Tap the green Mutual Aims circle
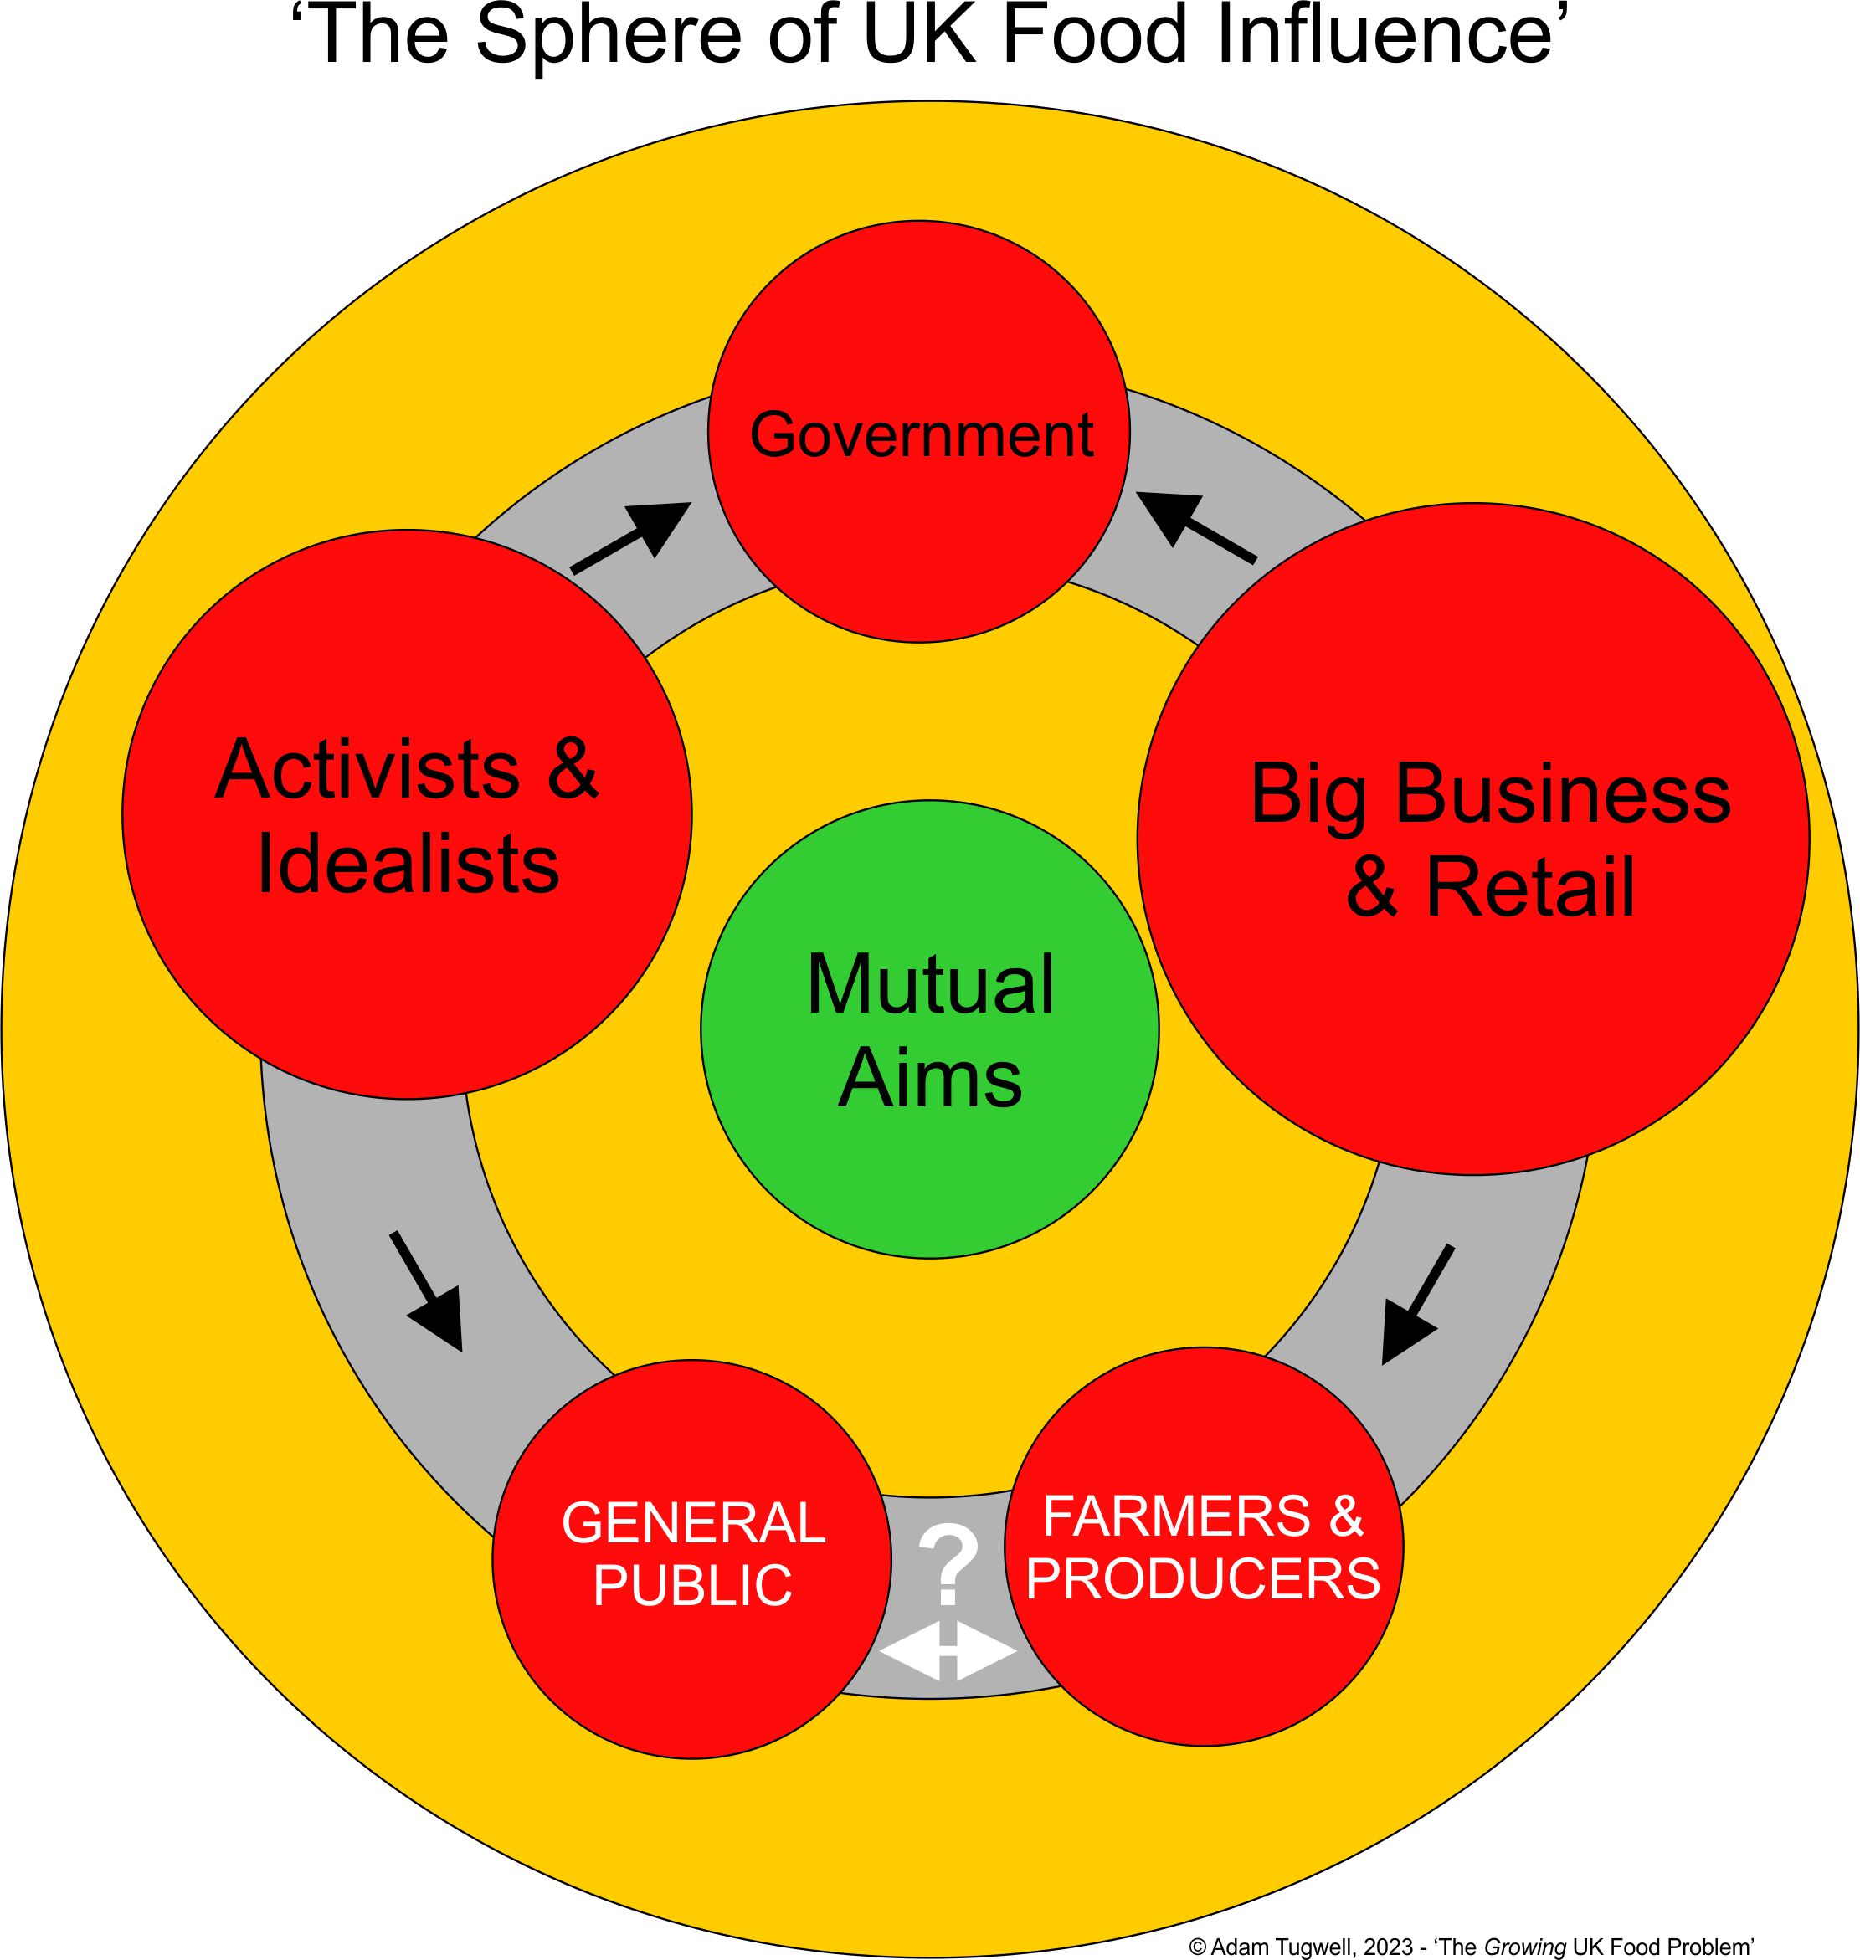pyautogui.click(x=929, y=1031)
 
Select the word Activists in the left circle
pyautogui.click(x=367, y=769)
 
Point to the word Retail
pyautogui.click(x=1530, y=887)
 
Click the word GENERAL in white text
pyautogui.click(x=693, y=1523)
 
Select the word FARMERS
pyautogui.click(x=1176, y=1516)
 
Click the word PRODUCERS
pyautogui.click(x=1203, y=1578)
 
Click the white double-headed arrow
pyautogui.click(x=948, y=1653)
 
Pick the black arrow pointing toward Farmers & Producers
pyautogui.click(x=1417, y=1305)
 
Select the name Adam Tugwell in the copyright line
pyautogui.click(x=1281, y=1946)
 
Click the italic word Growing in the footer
pyautogui.click(x=1523, y=1946)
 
